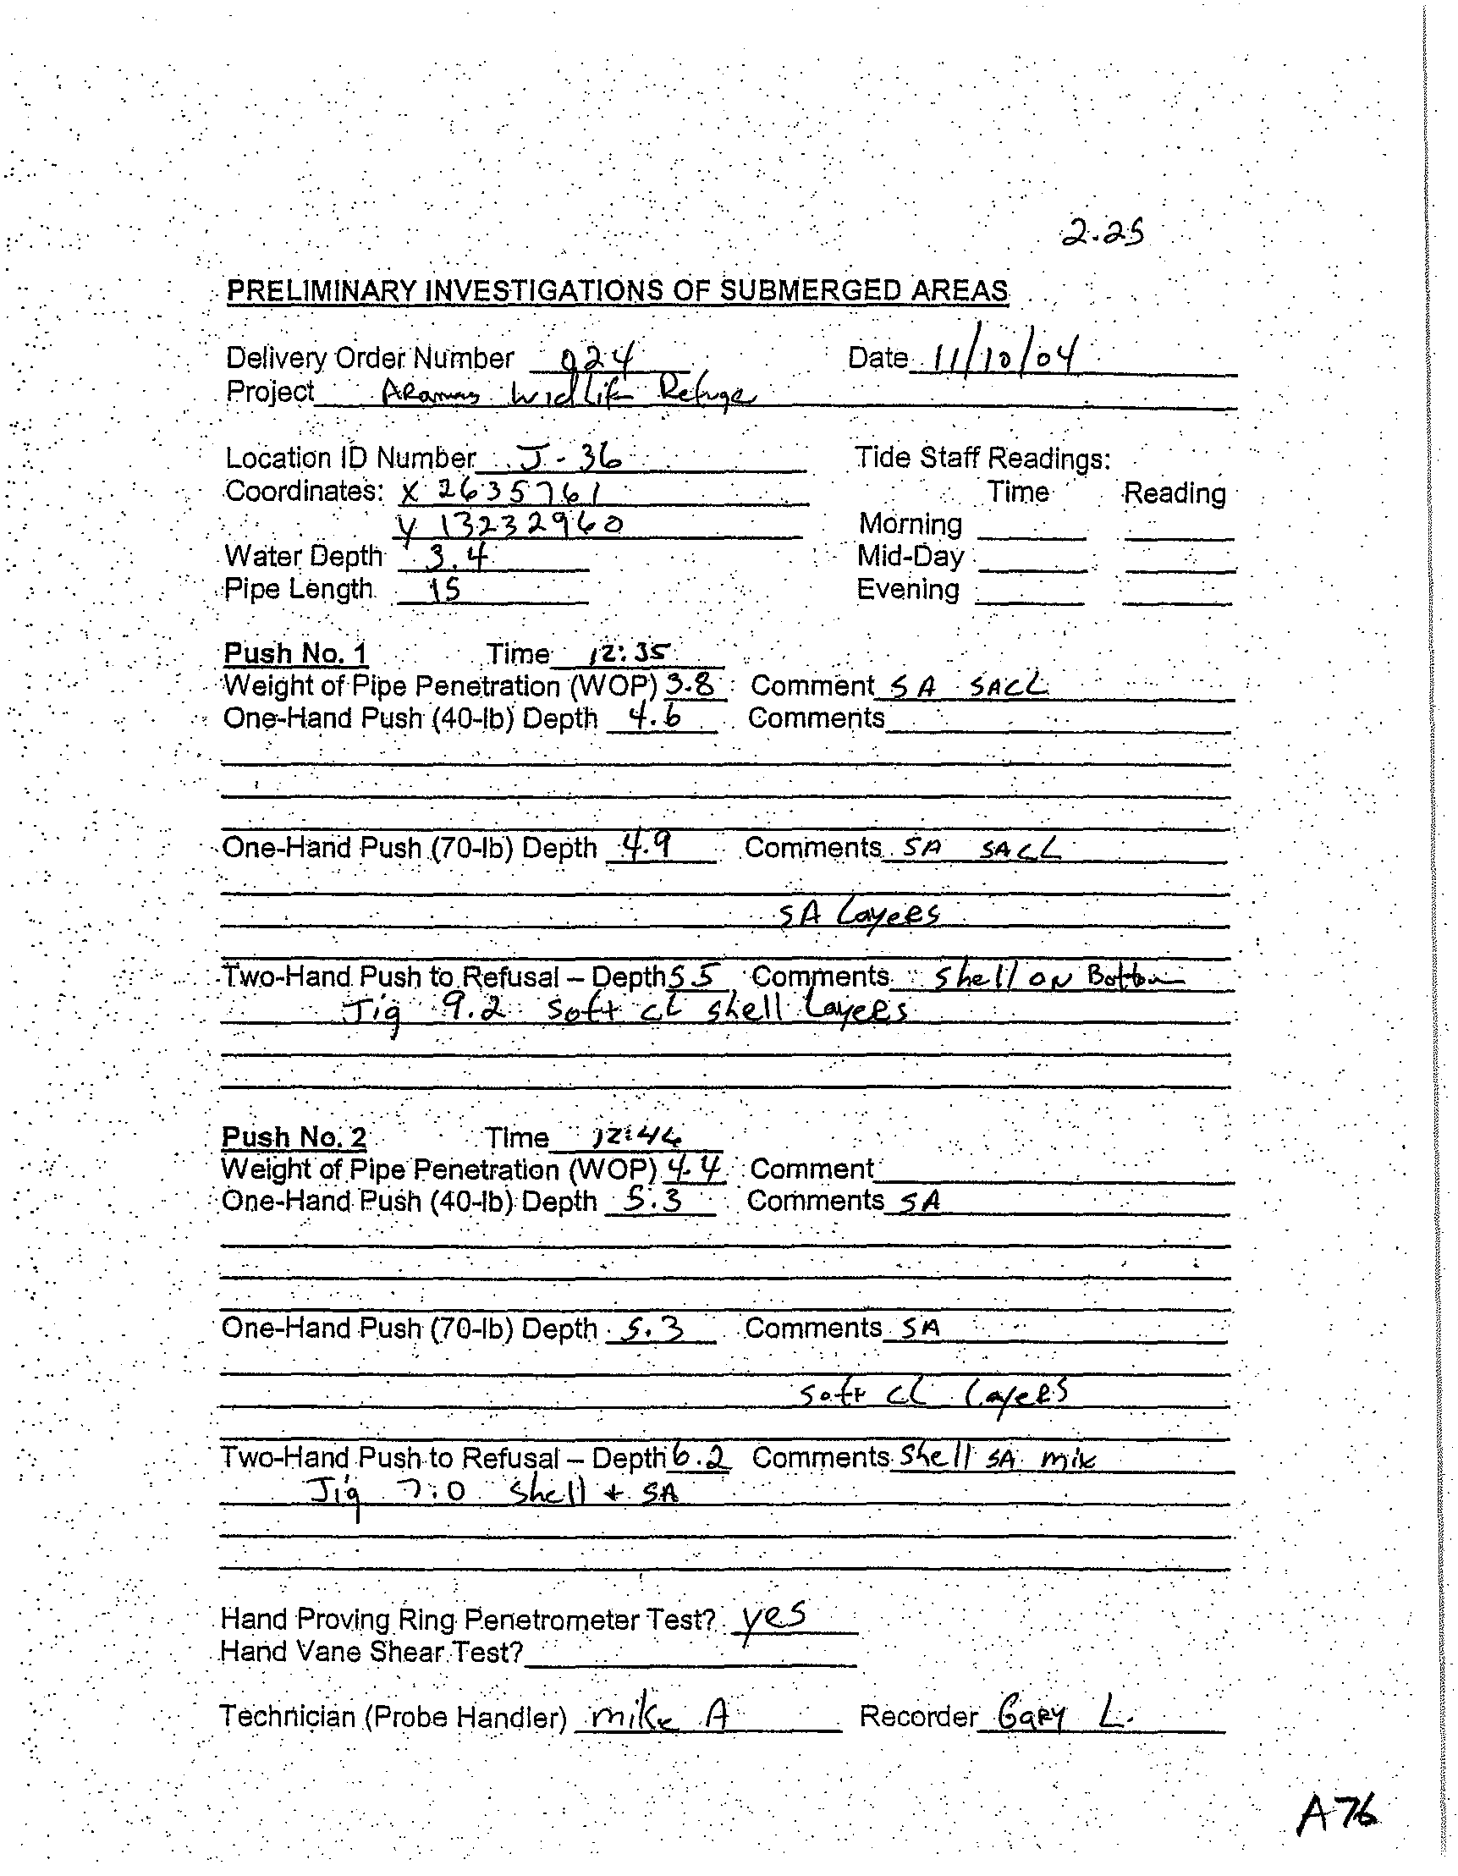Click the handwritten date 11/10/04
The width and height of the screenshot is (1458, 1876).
pos(995,355)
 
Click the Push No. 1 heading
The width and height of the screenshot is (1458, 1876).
pos(295,653)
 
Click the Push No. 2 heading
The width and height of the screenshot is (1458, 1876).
pos(294,1137)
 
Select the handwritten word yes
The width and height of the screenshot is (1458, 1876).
pos(773,1617)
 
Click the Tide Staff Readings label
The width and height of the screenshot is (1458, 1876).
pos(983,459)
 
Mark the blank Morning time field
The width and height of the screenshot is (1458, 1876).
pos(1031,526)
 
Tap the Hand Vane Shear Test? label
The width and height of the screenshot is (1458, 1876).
pos(372,1652)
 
